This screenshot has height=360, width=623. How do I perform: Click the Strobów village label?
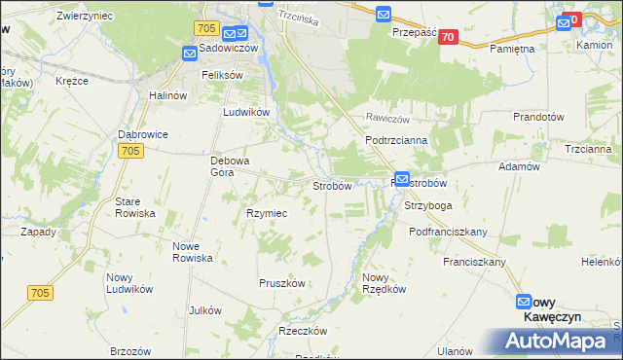pyautogui.click(x=331, y=185)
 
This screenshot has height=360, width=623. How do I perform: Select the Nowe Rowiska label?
pyautogui.click(x=192, y=252)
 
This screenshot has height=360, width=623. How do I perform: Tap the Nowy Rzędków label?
pyautogui.click(x=382, y=283)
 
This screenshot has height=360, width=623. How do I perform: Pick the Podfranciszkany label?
pyautogui.click(x=448, y=233)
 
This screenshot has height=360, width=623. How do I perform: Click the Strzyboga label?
pyautogui.click(x=428, y=206)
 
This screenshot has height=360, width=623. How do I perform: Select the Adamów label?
pyautogui.click(x=519, y=166)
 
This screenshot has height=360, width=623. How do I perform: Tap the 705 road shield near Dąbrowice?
pyautogui.click(x=131, y=151)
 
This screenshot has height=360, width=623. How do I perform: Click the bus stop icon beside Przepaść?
pyautogui.click(x=384, y=15)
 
